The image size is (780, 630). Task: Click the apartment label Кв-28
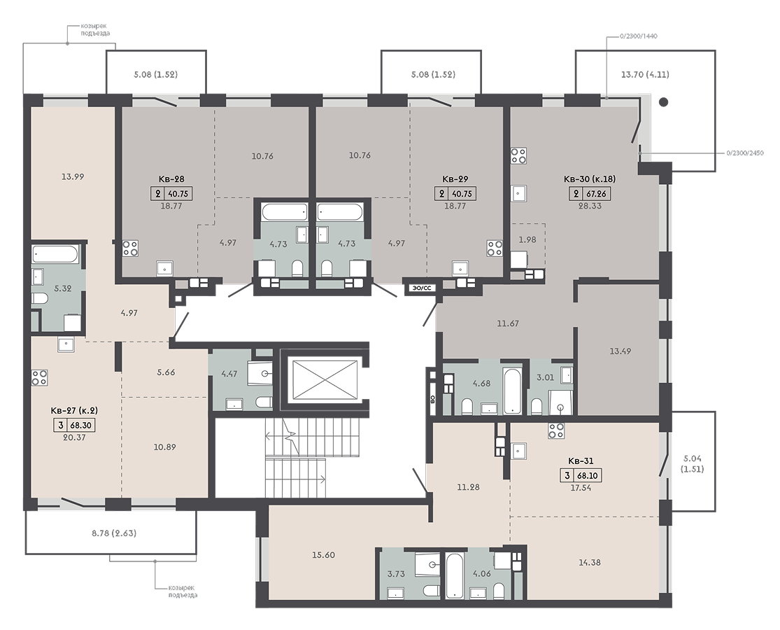[x=171, y=179]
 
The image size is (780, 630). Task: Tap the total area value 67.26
[x=595, y=194]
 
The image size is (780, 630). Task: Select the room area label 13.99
[x=73, y=176]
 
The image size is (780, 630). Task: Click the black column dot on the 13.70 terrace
[x=663, y=102]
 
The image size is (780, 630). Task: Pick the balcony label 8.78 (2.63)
[x=114, y=533]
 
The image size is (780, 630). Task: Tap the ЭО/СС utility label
[x=421, y=288]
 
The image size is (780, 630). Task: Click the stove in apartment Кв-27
[x=40, y=377]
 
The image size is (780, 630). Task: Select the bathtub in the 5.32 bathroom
[x=56, y=254]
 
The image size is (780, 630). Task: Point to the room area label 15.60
[x=323, y=555]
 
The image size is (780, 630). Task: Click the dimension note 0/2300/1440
[x=639, y=36]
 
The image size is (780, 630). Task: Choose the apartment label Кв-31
[x=581, y=461]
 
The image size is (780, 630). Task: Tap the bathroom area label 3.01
[x=545, y=377]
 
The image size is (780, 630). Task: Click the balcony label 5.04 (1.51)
[x=693, y=464]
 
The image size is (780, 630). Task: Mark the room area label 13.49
[x=621, y=351]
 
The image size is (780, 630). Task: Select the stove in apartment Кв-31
[x=556, y=430]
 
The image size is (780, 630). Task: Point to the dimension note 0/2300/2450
[x=745, y=153]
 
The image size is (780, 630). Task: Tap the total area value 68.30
[x=82, y=426]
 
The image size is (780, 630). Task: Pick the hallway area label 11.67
[x=508, y=323]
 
